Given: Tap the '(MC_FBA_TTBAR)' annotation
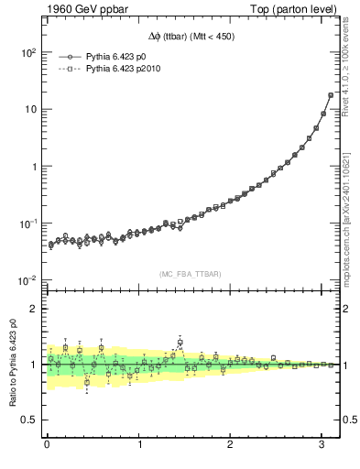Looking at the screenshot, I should pyautogui.click(x=189, y=275).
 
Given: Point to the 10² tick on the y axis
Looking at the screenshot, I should pyautogui.click(x=26, y=53).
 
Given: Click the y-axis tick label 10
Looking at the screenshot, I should pyautogui.click(x=29, y=110).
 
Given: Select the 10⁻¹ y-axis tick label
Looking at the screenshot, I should pyautogui.click(x=26, y=224).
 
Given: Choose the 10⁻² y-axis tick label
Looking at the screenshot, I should pyautogui.click(x=26, y=280).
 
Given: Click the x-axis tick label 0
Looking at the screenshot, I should pyautogui.click(x=47, y=445).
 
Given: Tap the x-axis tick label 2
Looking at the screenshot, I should pyautogui.click(x=231, y=445).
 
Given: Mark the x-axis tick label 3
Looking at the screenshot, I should pyautogui.click(x=322, y=445).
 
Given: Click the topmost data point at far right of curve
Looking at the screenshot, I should pyautogui.click(x=331, y=95).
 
